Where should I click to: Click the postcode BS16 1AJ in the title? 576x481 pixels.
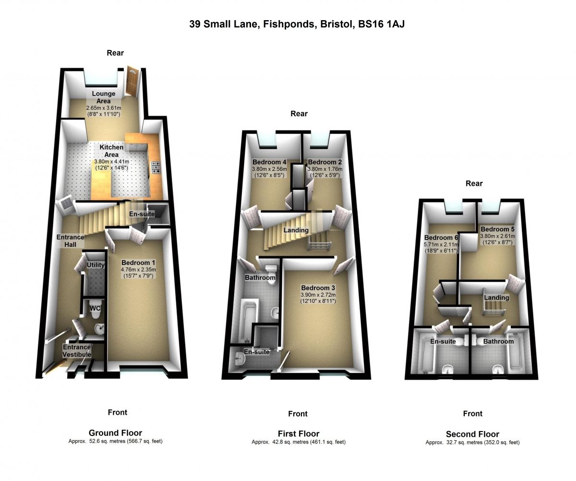[381, 24]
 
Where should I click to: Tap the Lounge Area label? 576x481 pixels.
[104, 97]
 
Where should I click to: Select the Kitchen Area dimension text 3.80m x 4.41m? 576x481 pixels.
[112, 161]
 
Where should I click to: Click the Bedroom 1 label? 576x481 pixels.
[138, 263]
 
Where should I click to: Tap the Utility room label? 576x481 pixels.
[96, 265]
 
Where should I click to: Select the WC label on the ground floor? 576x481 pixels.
[95, 308]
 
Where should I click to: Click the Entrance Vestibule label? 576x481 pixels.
[77, 350]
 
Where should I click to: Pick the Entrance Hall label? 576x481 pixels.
[71, 240]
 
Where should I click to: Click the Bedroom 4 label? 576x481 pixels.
[269, 162]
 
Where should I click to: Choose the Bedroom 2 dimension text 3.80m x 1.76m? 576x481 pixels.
[325, 169]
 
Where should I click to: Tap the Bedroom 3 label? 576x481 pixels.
[318, 288]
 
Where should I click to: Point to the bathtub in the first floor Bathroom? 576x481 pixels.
[248, 322]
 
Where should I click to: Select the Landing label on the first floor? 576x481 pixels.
[296, 230]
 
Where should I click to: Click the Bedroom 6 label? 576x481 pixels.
[441, 238]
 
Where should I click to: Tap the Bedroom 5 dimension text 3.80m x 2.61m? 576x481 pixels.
[498, 236]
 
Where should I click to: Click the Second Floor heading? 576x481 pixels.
[472, 434]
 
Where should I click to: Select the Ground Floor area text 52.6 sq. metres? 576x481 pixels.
[108, 441]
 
